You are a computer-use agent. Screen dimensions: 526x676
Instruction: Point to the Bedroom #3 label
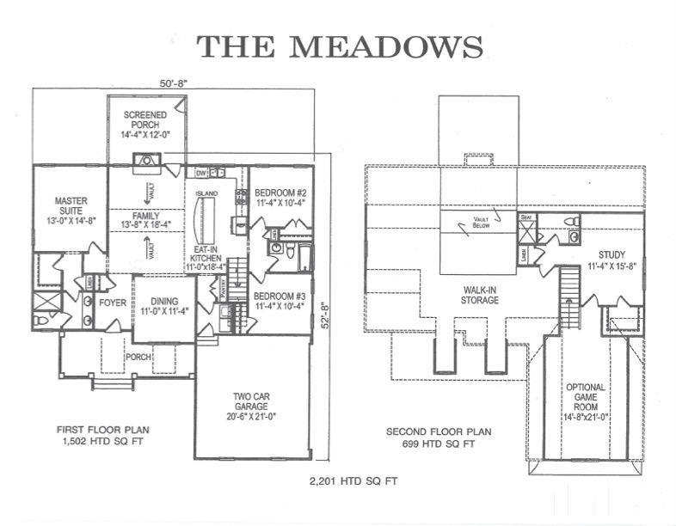[x=280, y=301]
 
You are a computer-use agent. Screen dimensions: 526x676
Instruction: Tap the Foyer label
[x=112, y=303]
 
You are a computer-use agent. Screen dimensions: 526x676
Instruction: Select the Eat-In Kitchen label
[x=206, y=256]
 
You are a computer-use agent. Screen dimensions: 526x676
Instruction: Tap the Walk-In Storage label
[x=479, y=295]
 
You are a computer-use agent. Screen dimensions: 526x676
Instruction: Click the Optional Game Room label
[x=586, y=402]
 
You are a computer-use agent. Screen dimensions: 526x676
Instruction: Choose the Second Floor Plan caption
[x=430, y=437]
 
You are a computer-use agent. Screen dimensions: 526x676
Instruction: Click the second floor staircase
[x=568, y=292]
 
